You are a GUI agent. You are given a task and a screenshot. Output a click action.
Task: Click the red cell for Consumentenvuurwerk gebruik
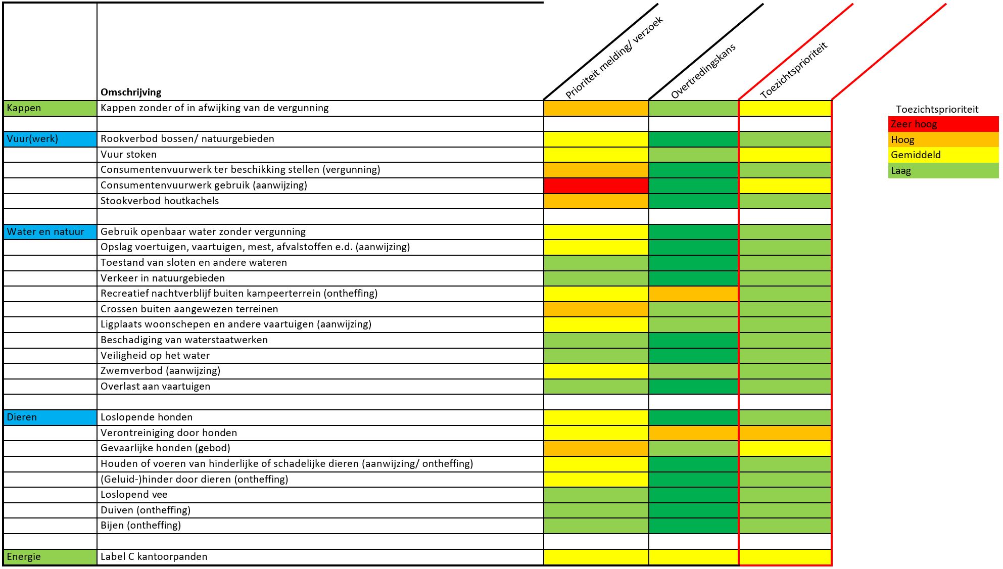coord(596,185)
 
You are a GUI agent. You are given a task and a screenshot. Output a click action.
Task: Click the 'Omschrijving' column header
coord(131,92)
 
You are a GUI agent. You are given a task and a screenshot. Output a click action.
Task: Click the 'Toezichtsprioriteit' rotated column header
coord(794,70)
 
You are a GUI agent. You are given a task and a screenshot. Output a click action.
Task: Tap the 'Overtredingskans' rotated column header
coord(703,71)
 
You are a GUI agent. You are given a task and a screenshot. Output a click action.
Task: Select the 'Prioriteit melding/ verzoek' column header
coord(614,58)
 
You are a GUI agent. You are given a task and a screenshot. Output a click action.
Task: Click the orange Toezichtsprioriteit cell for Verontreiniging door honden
coord(785,433)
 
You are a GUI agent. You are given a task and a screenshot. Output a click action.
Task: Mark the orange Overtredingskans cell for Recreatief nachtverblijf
coord(693,294)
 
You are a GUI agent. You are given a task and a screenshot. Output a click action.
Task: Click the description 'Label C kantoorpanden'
coord(154,557)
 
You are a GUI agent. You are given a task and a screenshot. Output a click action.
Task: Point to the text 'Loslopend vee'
coord(134,495)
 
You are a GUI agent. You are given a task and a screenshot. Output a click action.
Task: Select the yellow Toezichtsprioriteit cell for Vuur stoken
coord(785,155)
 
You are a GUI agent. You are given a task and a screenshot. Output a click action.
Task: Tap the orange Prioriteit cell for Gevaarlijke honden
coord(596,448)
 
